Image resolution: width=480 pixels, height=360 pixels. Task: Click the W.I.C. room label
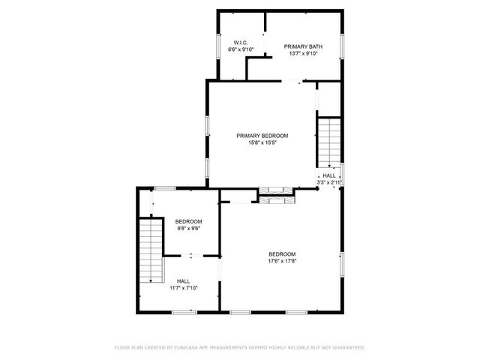pos(241,43)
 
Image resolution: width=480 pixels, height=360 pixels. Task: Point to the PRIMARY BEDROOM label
pos(262,136)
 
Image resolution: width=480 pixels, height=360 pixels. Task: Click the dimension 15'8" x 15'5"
pos(262,142)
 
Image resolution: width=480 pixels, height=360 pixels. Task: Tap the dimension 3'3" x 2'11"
pos(329,181)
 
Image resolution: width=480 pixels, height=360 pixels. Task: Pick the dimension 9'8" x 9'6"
pos(188,228)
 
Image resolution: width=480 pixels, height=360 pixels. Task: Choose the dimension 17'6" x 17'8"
pos(283,261)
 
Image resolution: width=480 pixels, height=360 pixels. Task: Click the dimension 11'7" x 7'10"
pos(183,288)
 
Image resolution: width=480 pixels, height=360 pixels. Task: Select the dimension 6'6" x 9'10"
pos(241,49)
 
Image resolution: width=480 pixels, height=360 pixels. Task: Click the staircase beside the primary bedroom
pos(327,142)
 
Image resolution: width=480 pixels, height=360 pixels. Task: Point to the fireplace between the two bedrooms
pos(277,195)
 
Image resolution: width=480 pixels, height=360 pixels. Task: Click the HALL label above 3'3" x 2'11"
pos(329,175)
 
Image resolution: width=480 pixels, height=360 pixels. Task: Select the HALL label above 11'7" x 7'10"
pos(183,281)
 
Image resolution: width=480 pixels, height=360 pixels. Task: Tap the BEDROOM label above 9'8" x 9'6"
pos(188,221)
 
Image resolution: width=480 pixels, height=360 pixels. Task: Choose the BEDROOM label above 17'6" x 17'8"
pos(283,254)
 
